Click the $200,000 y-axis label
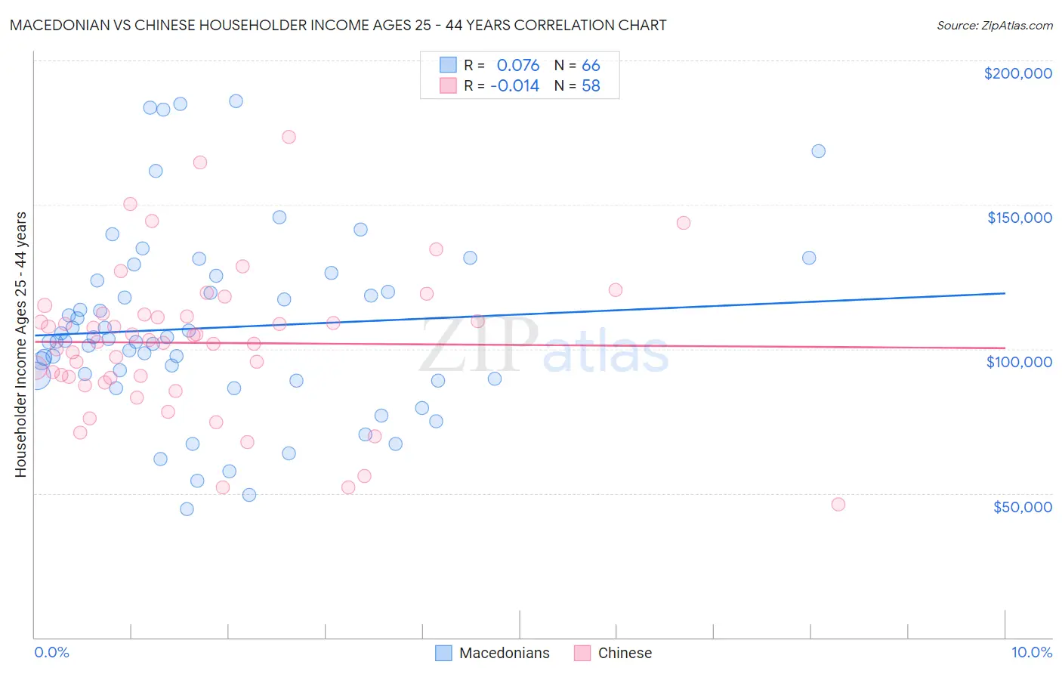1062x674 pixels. [1017, 73]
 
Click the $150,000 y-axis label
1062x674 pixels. [1019, 218]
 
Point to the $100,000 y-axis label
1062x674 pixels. [1019, 362]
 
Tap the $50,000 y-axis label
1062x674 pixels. [1022, 506]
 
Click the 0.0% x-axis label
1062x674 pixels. [51, 653]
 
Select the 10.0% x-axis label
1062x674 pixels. [1031, 653]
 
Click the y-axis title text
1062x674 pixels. [20, 345]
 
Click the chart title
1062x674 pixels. [338, 26]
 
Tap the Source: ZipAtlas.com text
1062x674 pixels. [994, 26]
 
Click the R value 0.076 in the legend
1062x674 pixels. [517, 66]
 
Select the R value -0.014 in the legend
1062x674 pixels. [514, 86]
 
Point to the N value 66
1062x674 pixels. [591, 66]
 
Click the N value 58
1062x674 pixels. [591, 86]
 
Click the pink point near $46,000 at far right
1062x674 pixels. [838, 505]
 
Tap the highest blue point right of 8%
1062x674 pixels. [818, 151]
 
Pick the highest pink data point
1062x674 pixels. [289, 137]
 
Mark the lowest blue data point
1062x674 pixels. [187, 509]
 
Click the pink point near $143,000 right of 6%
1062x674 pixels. [684, 223]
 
